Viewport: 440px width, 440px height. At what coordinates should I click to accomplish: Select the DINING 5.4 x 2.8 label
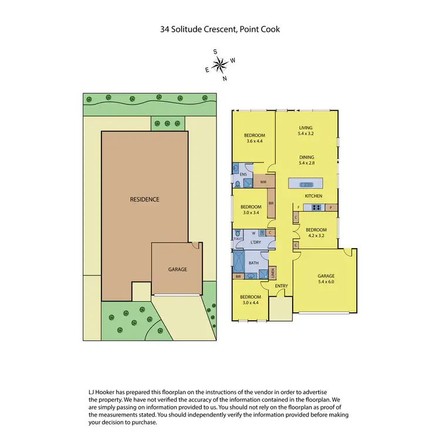click(x=306, y=160)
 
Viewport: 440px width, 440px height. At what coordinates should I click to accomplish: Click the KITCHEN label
click(x=313, y=196)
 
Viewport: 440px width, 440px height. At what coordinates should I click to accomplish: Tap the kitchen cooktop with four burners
click(x=316, y=207)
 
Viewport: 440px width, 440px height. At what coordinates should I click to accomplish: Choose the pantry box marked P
click(x=331, y=207)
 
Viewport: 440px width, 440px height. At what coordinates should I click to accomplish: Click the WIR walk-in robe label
click(x=263, y=182)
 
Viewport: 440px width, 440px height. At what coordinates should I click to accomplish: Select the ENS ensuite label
click(x=242, y=174)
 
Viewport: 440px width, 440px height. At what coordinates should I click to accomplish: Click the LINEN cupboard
click(x=273, y=272)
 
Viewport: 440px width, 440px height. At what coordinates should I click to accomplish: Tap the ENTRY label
click(x=282, y=286)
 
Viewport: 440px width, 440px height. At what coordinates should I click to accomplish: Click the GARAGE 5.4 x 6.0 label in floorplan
click(x=326, y=278)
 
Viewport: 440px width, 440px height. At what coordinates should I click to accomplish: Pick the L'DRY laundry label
click(x=256, y=242)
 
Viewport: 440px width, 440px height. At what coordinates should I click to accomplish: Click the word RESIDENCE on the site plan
click(x=144, y=199)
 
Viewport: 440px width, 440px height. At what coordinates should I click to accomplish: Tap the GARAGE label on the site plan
click(x=178, y=269)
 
